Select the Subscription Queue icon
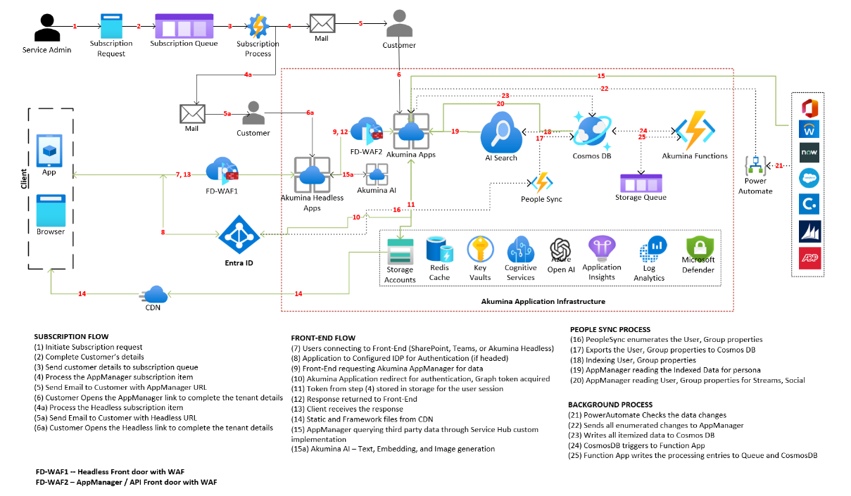coord(185,26)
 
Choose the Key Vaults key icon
coord(479,250)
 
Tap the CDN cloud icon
coord(153,294)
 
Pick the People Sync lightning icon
coord(541,183)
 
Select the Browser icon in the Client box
coord(50,210)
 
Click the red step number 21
coord(779,166)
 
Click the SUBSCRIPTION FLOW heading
coord(71,336)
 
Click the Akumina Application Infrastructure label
coord(543,301)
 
